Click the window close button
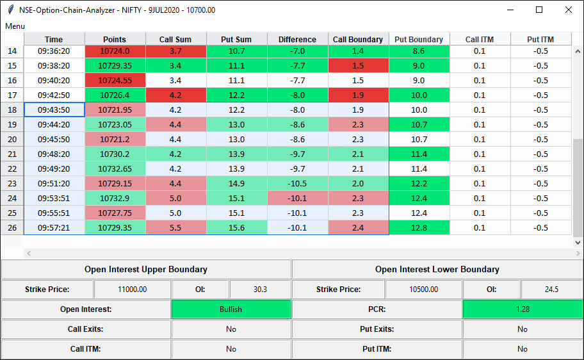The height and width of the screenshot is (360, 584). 569,10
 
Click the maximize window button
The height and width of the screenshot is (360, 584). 539,10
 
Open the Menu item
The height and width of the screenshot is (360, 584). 15,26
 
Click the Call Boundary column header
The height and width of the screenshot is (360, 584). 358,39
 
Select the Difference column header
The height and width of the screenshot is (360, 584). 297,39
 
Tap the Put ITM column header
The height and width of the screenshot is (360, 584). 540,39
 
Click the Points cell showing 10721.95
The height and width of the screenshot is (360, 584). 115,110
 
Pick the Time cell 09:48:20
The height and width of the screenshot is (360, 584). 54,154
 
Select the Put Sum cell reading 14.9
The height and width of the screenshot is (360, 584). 236,183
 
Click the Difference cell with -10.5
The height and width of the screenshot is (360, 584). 297,183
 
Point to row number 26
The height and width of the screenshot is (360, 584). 12,227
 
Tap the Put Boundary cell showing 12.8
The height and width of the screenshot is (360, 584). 419,227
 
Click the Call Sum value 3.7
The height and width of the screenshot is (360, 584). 176,51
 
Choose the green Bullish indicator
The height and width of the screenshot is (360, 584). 231,309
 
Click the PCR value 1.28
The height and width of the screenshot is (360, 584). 523,309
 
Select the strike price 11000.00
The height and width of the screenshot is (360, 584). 132,289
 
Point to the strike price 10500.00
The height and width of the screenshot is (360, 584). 424,289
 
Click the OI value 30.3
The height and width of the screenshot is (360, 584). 260,289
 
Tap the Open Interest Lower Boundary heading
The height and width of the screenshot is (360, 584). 437,270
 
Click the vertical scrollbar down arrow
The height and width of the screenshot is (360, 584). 578,243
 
